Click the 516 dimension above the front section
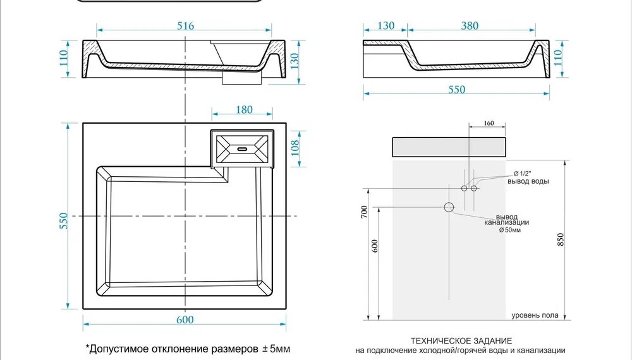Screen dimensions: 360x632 coord(185,26)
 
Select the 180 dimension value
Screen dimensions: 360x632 coord(244,110)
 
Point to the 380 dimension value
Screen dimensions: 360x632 coord(470,26)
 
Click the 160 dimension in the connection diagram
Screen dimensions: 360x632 coord(488,124)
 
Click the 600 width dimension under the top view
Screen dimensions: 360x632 coord(185,320)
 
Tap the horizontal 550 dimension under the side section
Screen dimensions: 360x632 coord(456,90)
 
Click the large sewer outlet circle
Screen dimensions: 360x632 coord(449,207)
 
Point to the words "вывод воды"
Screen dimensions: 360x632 coord(528,181)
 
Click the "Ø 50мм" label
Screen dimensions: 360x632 coord(510,230)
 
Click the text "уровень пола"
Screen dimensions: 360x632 coord(535,316)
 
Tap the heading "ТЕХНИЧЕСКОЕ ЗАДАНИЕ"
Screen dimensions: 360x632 coord(460,340)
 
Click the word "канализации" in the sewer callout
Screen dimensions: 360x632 coord(506,222)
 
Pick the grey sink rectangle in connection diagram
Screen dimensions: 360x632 coord(449,145)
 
